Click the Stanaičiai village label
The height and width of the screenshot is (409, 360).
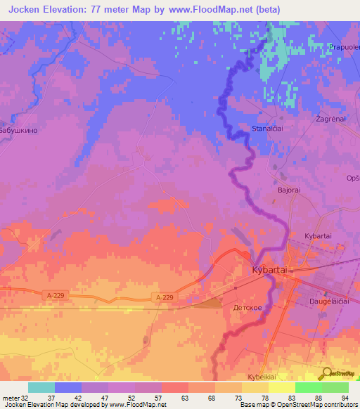point(268,129)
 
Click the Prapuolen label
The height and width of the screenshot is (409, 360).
point(343,47)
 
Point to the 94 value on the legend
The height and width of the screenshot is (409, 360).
point(344,397)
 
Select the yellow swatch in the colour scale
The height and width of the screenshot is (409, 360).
point(282,387)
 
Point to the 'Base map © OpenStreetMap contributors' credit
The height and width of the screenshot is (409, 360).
point(297,405)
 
